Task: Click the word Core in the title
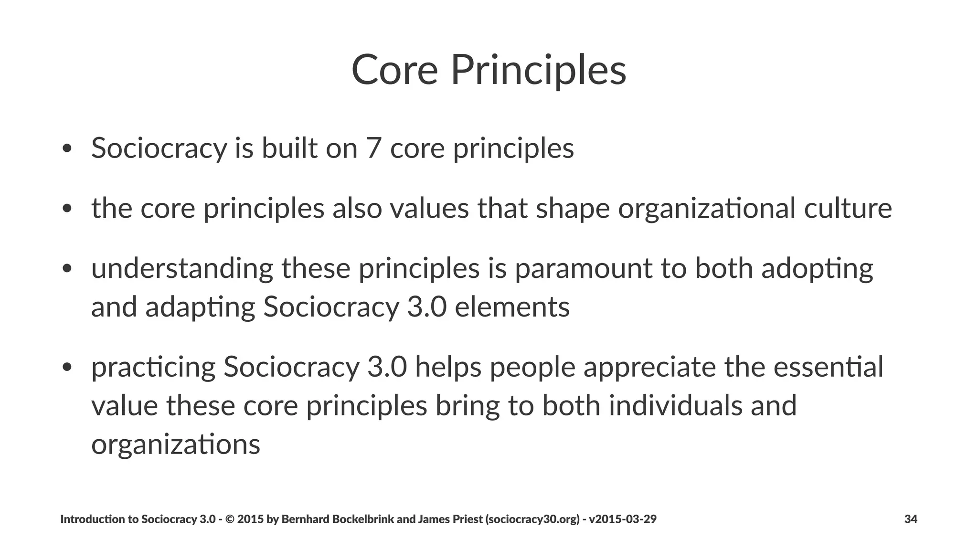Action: click(394, 70)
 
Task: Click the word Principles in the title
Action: click(538, 70)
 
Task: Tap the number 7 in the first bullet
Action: click(373, 148)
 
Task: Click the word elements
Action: click(512, 307)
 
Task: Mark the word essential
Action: click(828, 367)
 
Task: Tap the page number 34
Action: click(911, 519)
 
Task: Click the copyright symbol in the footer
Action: click(229, 519)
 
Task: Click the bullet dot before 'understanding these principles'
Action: click(67, 269)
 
